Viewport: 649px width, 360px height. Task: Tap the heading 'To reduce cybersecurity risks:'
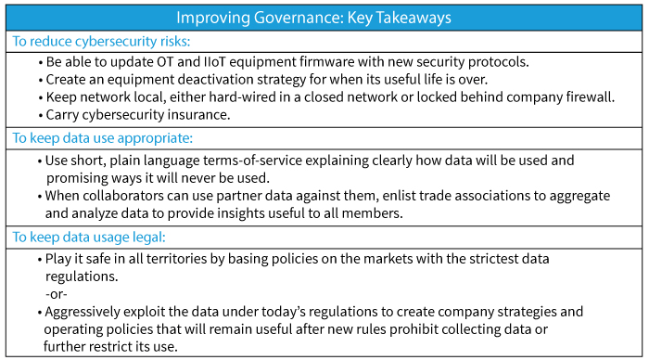pyautogui.click(x=101, y=42)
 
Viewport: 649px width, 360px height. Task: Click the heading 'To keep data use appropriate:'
pyautogui.click(x=103, y=138)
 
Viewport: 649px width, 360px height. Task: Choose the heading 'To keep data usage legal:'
pyautogui.click(x=89, y=237)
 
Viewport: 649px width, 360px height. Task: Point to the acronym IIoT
pyautogui.click(x=214, y=62)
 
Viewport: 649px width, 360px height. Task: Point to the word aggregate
pyautogui.click(x=579, y=196)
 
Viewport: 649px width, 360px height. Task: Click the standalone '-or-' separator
pyautogui.click(x=57, y=294)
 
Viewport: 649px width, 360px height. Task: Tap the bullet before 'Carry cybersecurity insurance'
pyautogui.click(x=41, y=116)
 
